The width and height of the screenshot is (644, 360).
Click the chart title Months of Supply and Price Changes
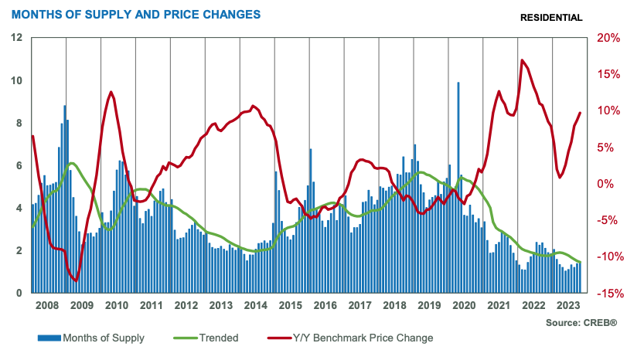(135, 15)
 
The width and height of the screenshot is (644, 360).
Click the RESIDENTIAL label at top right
(551, 18)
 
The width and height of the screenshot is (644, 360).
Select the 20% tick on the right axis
(606, 38)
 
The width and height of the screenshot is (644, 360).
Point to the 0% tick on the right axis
(606, 184)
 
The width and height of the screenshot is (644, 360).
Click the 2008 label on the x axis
(48, 306)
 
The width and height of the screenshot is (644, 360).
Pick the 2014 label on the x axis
(255, 306)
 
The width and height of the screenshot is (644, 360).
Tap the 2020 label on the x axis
(463, 306)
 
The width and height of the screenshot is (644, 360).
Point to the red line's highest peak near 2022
(523, 60)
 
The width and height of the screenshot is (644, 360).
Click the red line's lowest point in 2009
(76, 280)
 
